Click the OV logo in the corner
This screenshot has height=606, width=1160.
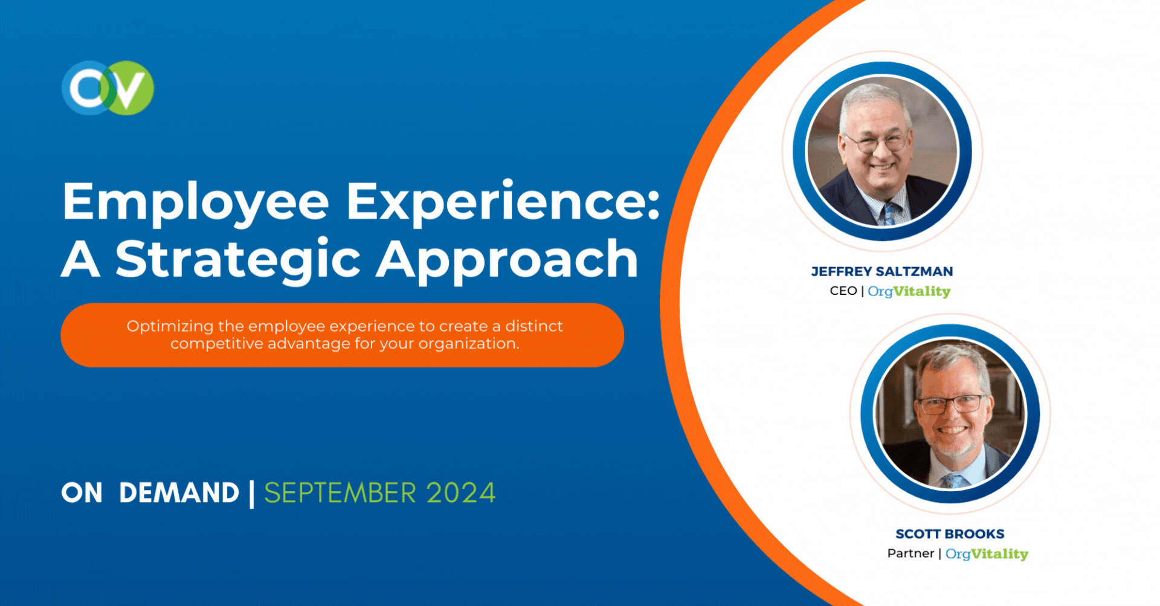[108, 88]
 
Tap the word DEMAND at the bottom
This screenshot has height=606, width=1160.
[179, 493]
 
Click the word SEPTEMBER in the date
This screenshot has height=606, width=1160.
[340, 493]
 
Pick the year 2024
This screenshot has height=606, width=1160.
[461, 493]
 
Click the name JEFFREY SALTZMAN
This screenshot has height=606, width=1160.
[882, 272]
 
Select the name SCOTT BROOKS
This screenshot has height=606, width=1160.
[950, 534]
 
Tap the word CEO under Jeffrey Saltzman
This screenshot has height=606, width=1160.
[843, 291]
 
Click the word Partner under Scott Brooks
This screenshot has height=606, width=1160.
[910, 553]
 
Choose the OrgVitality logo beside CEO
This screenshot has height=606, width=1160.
[909, 292]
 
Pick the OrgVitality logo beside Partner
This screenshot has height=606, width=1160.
[987, 554]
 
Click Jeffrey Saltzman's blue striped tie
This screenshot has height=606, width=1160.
[890, 214]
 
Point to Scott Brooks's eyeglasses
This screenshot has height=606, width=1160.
[951, 404]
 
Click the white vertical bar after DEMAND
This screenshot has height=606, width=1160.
[251, 494]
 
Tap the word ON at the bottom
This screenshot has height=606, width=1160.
[82, 493]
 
